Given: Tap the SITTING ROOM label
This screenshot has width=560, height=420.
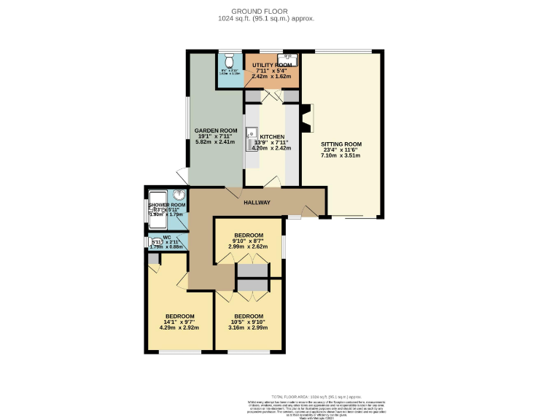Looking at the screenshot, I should tap(341, 144).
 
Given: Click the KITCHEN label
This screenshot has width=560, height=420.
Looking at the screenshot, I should tap(271, 136).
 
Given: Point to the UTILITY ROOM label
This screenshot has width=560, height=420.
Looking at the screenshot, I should tap(272, 66).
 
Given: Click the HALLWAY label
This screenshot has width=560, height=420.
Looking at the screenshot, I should tap(257, 203).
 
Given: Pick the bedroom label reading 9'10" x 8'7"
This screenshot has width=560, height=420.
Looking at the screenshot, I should tap(247, 241).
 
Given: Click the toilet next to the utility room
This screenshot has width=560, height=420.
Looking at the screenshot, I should tap(229, 59).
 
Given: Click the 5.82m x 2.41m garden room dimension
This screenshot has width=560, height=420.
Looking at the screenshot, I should tap(214, 141).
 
